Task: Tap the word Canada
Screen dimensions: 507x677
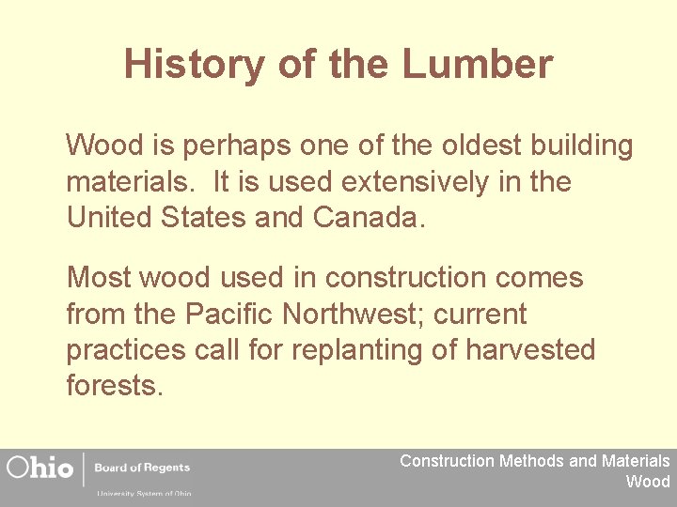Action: point(368,218)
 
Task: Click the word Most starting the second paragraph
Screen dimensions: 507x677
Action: point(101,279)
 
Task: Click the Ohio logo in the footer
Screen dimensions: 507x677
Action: point(40,468)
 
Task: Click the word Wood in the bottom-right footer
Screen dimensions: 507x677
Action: point(648,482)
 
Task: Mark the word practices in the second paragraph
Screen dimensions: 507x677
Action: point(126,350)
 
